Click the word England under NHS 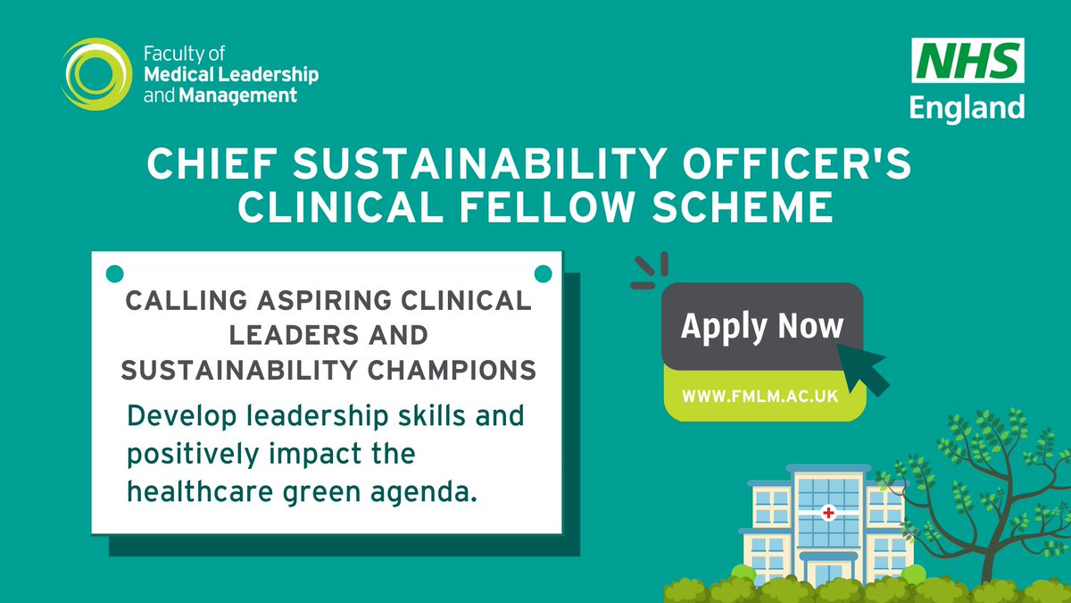point(967,107)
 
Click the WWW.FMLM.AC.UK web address point(760,396)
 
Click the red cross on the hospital point(828,513)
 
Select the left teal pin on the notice point(114,272)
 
